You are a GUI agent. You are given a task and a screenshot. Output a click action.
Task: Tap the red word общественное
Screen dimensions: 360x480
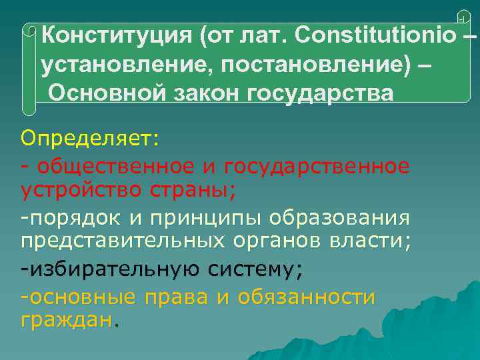point(115,166)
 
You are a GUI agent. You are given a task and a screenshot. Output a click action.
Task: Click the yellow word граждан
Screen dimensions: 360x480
point(65,320)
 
